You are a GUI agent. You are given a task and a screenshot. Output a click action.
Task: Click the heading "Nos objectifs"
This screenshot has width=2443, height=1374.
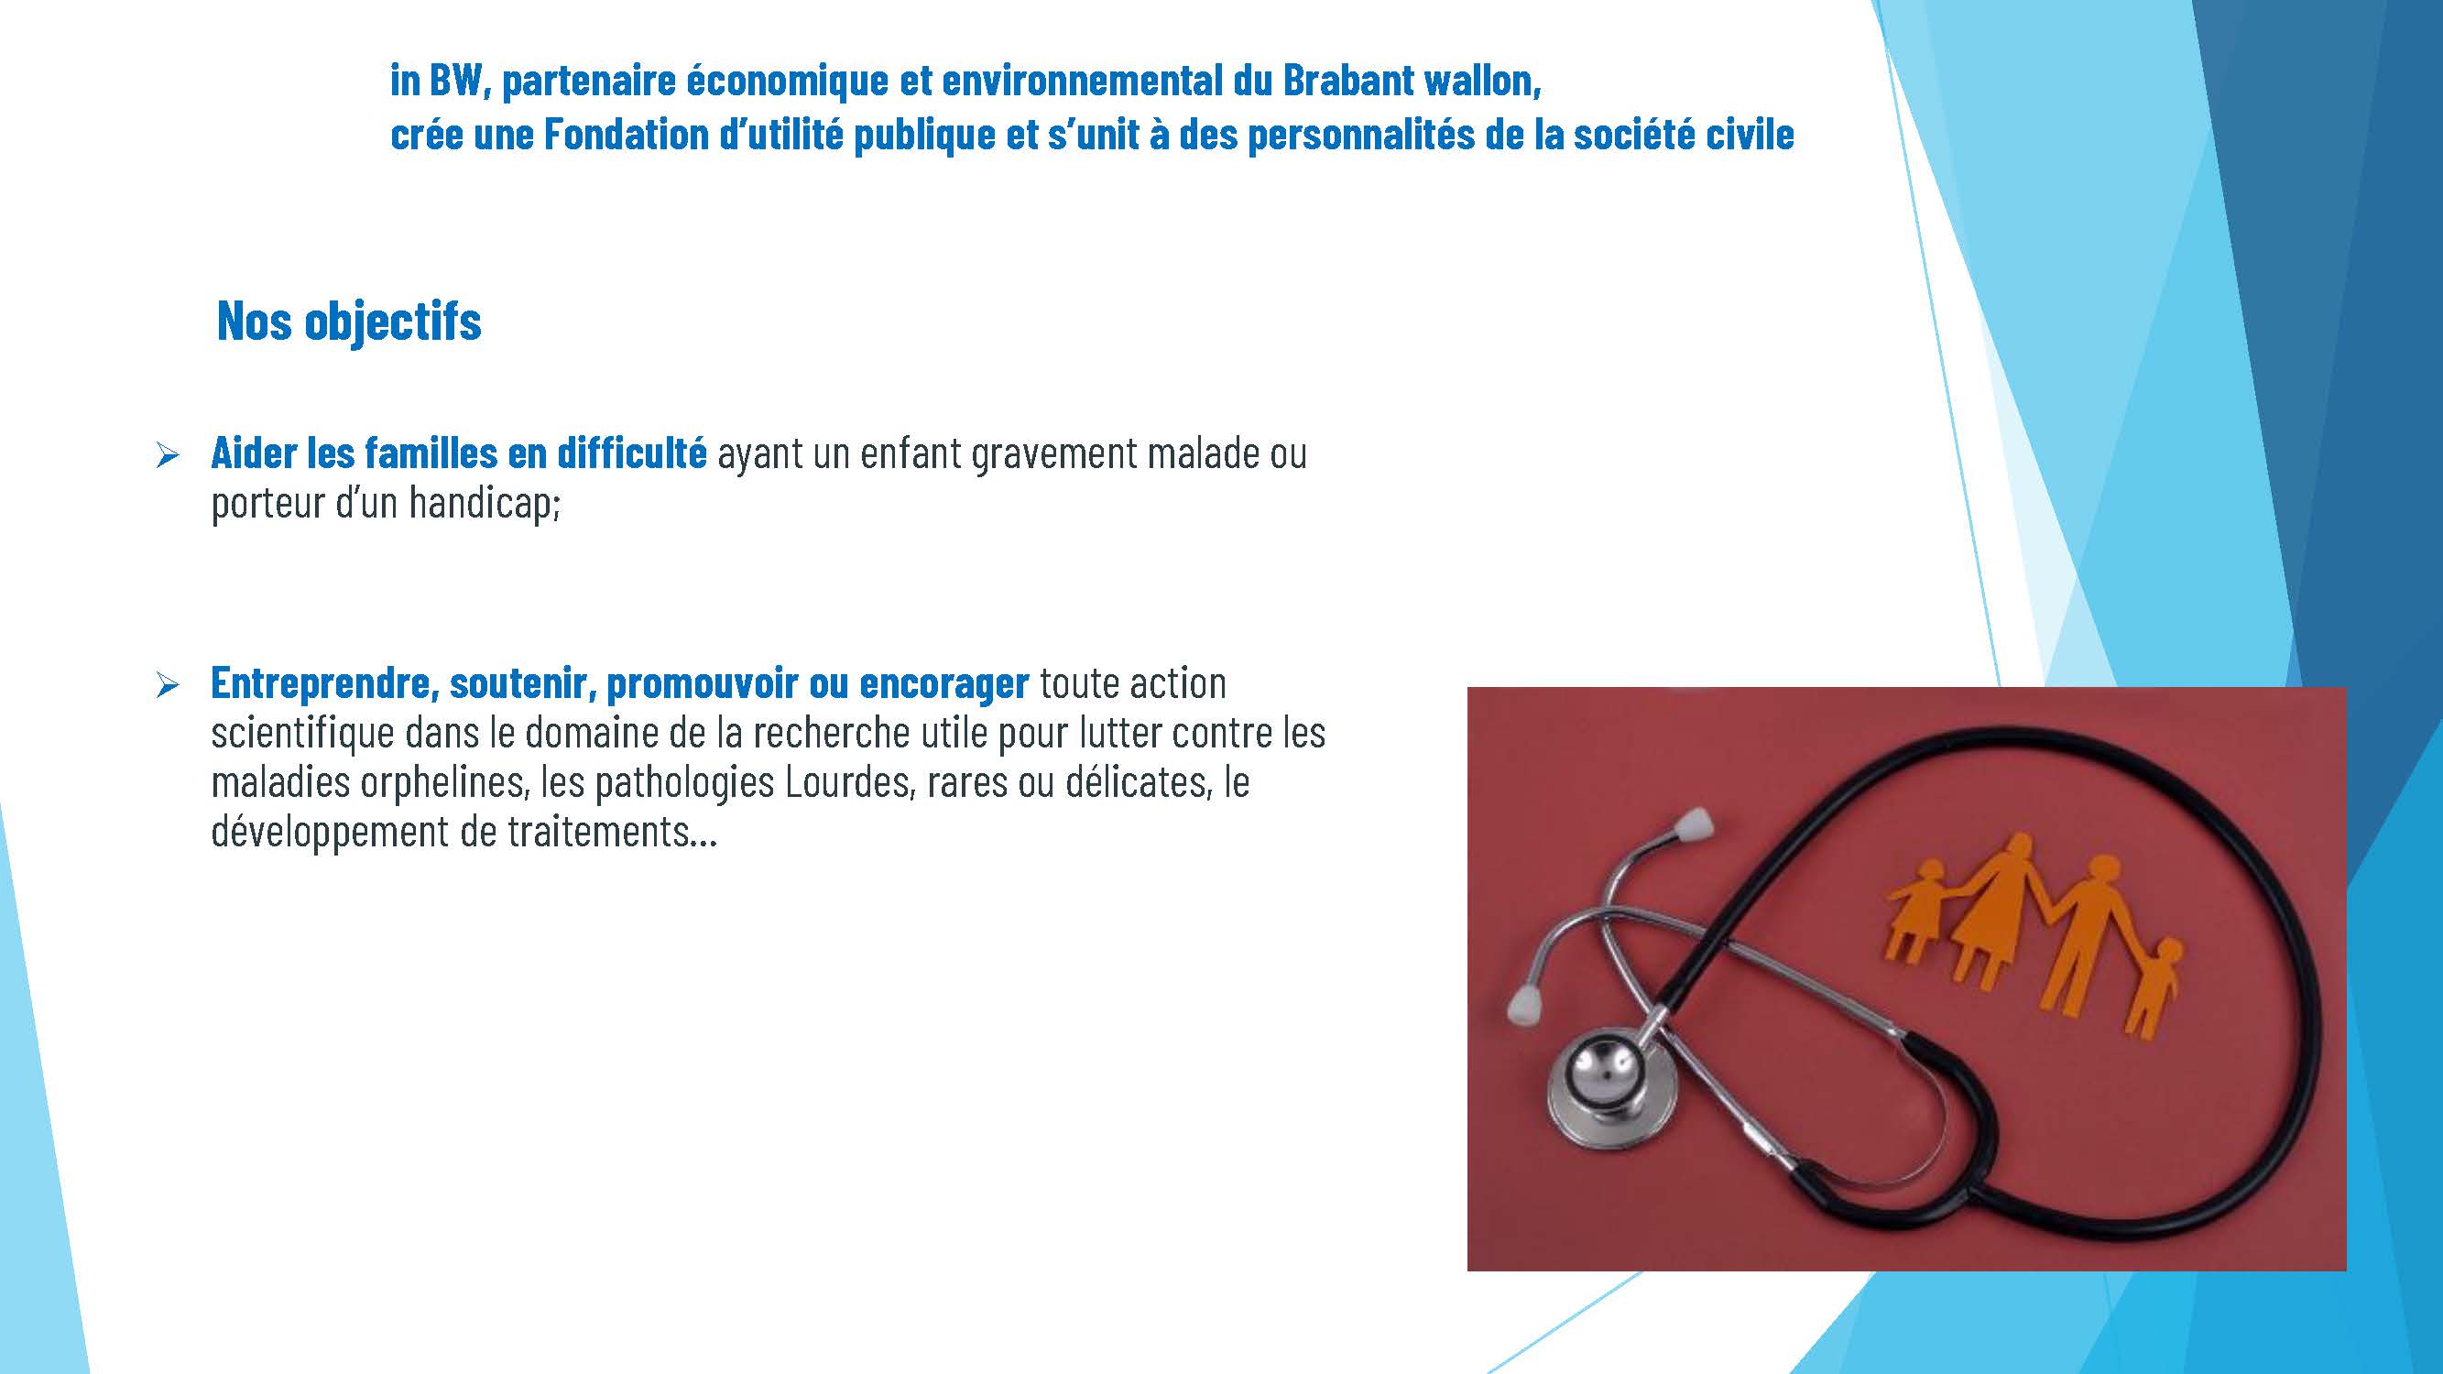[349, 322]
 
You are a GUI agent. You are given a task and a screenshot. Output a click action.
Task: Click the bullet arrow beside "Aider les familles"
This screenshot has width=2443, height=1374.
[167, 456]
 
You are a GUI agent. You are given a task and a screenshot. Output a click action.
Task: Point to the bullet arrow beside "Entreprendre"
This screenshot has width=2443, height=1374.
[167, 685]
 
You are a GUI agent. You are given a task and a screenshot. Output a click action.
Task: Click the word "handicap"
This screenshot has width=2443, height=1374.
[484, 503]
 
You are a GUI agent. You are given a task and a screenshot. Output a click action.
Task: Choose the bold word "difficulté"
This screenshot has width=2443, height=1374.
[632, 453]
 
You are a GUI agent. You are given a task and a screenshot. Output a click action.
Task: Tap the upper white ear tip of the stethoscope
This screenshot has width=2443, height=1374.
[1695, 824]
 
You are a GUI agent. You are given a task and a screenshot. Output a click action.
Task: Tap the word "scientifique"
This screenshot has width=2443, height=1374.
[302, 734]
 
